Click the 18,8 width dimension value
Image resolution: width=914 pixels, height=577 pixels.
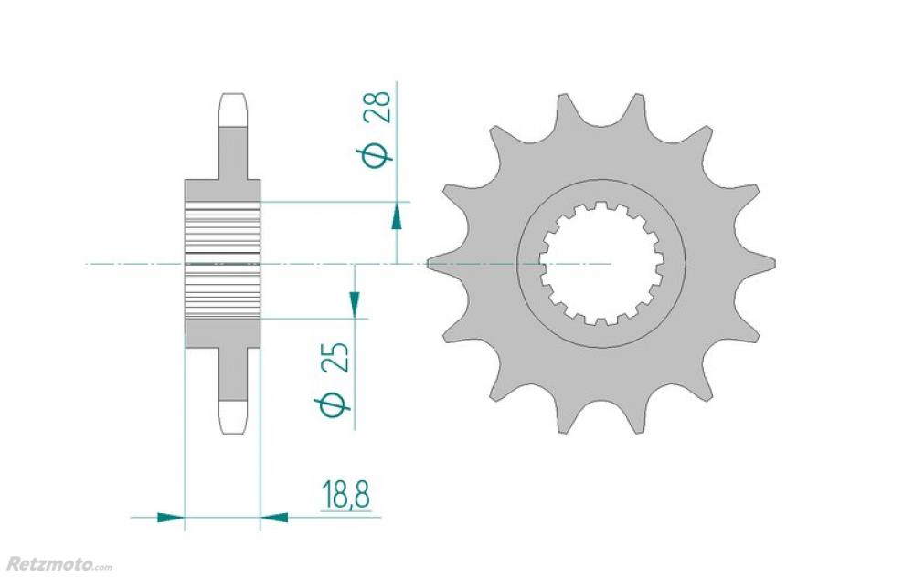tap(346, 494)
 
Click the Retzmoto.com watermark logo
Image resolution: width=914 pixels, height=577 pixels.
tap(58, 563)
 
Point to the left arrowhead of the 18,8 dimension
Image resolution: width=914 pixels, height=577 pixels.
tap(171, 517)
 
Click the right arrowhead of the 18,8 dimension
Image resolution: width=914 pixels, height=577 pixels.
tap(274, 517)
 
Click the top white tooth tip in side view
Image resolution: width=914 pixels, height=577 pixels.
tap(234, 110)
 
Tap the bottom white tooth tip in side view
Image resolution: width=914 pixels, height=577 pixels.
tap(234, 417)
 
